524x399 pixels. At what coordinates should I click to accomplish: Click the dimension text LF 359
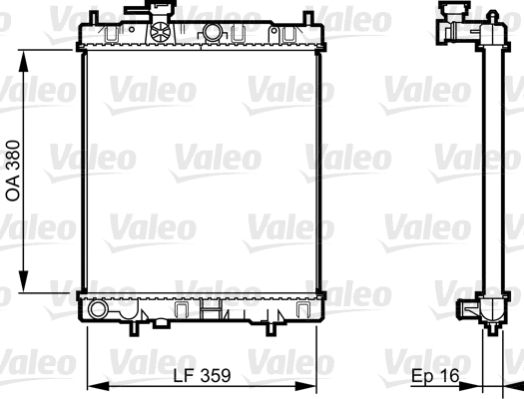(x=203, y=376)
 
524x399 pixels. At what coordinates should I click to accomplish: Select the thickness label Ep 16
(x=437, y=376)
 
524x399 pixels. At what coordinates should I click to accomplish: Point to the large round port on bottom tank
(x=97, y=310)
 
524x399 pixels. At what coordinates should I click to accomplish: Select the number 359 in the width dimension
(x=216, y=376)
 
